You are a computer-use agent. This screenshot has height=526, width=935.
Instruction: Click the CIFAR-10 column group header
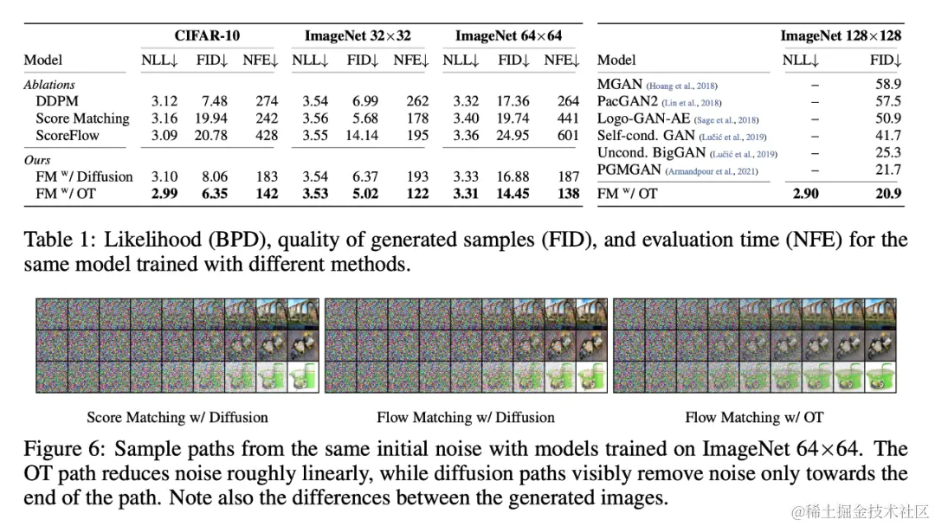click(209, 36)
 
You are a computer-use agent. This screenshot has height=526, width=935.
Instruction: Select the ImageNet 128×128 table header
click(841, 36)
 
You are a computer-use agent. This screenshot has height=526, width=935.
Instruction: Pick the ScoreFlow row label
click(68, 135)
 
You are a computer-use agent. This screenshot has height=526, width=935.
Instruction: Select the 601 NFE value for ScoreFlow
click(568, 135)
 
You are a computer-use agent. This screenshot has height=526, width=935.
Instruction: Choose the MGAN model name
click(620, 85)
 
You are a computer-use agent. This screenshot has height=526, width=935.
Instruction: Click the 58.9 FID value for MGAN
click(887, 85)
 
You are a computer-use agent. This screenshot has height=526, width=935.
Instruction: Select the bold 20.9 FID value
click(887, 193)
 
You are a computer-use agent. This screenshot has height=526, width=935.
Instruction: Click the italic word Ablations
click(49, 85)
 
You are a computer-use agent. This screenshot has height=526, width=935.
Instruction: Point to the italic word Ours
click(37, 160)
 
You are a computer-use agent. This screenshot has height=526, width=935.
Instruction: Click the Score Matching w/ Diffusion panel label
click(177, 417)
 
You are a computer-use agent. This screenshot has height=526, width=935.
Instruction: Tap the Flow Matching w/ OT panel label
click(754, 417)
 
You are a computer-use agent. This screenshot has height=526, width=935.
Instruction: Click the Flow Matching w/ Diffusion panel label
click(466, 417)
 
